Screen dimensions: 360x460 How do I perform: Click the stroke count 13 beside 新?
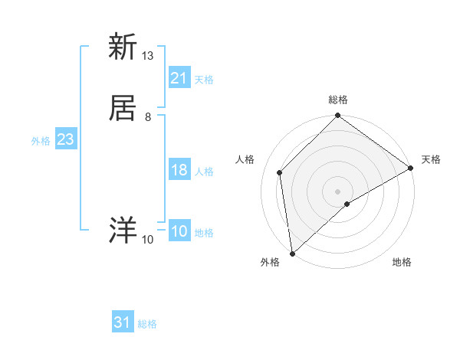coord(148,56)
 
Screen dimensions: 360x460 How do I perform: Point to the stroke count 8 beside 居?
coord(148,117)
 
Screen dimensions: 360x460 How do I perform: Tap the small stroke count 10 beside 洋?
coord(148,240)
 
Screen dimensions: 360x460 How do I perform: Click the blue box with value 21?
coord(179,78)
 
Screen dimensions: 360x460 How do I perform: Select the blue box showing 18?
coord(179,171)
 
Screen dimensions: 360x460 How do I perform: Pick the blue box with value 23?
coord(65,140)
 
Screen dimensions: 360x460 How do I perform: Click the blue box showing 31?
coord(122,322)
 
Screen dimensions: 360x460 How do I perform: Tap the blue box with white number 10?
coord(179,232)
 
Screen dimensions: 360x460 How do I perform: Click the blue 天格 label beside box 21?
coord(204,80)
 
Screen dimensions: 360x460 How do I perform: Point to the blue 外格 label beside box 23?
coord(41,141)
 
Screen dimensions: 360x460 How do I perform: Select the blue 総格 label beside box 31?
coord(147,324)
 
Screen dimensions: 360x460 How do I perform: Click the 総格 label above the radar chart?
coord(338,100)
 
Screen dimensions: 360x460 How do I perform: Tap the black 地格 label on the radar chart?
coord(402,263)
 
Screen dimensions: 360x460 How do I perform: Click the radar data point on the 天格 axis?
coord(411,169)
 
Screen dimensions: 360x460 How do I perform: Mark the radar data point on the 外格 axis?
coord(292,254)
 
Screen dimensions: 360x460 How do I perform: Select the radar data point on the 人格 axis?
coord(280,172)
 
